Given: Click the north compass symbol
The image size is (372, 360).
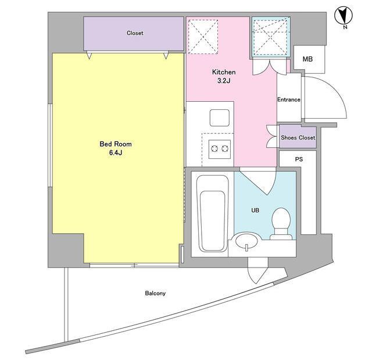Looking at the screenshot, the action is [344, 16].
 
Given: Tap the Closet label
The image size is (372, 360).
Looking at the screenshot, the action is [135, 33].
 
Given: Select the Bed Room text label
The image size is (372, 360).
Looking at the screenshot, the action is [116, 144].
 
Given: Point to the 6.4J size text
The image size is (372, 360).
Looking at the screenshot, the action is [116, 152].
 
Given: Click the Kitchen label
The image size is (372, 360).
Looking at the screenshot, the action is [224, 72].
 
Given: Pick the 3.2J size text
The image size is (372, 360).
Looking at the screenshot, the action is [224, 81].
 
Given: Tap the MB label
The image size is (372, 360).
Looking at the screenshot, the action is [307, 59].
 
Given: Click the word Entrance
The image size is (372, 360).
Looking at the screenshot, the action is [289, 99].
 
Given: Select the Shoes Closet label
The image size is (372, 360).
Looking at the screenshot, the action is [298, 138].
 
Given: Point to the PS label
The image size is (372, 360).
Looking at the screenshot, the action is [299, 159].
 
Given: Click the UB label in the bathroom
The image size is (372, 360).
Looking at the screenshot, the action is [255, 211].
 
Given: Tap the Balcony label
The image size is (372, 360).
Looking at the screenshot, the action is [155, 293].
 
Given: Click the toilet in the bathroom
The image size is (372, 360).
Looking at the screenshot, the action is [281, 223].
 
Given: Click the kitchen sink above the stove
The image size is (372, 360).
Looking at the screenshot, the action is [220, 117].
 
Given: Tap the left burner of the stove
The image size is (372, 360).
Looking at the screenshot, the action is [214, 149].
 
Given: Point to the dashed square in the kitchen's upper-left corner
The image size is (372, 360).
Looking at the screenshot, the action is [203, 37].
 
